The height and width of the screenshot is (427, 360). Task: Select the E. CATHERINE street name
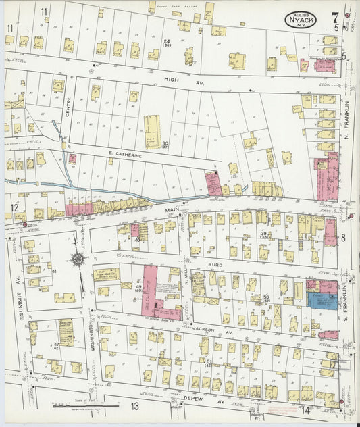(126, 155)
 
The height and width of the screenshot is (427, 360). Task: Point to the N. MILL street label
(186, 279)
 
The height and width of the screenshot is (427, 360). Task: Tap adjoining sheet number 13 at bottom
(135, 406)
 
